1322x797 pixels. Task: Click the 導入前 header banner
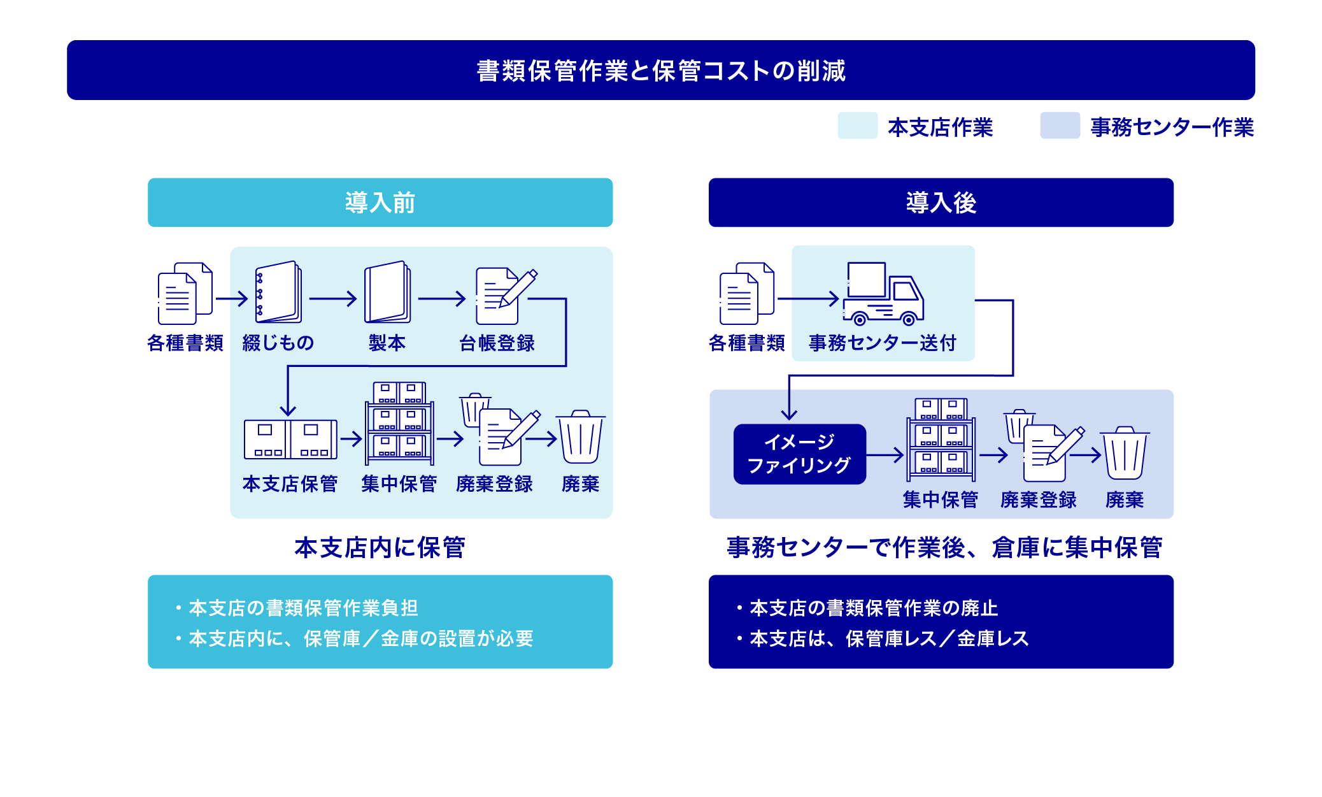coord(380,203)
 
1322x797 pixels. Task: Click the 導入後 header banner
coord(941,203)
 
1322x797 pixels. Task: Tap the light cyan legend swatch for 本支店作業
coord(857,126)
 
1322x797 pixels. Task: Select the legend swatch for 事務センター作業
coord(1060,126)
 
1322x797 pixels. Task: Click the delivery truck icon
coord(883,294)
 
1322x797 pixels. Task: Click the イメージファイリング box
coord(799,454)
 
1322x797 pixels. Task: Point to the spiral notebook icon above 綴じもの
coord(278,292)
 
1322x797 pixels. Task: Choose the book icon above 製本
coord(387,292)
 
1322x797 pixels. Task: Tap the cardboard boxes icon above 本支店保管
coord(290,439)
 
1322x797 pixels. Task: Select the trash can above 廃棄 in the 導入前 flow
coord(580,437)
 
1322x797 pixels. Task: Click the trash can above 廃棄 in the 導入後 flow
coord(1125,453)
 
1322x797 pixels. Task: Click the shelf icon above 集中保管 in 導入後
coord(941,440)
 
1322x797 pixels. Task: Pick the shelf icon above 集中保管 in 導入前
coord(399,424)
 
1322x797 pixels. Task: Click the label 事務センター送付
coord(883,343)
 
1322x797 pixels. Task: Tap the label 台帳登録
coord(497,343)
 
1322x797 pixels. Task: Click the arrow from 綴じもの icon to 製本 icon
coord(332,299)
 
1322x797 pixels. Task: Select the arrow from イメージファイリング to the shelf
coord(885,455)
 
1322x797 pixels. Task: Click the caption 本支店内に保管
coord(380,547)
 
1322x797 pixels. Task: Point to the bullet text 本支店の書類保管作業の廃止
coord(873,608)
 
